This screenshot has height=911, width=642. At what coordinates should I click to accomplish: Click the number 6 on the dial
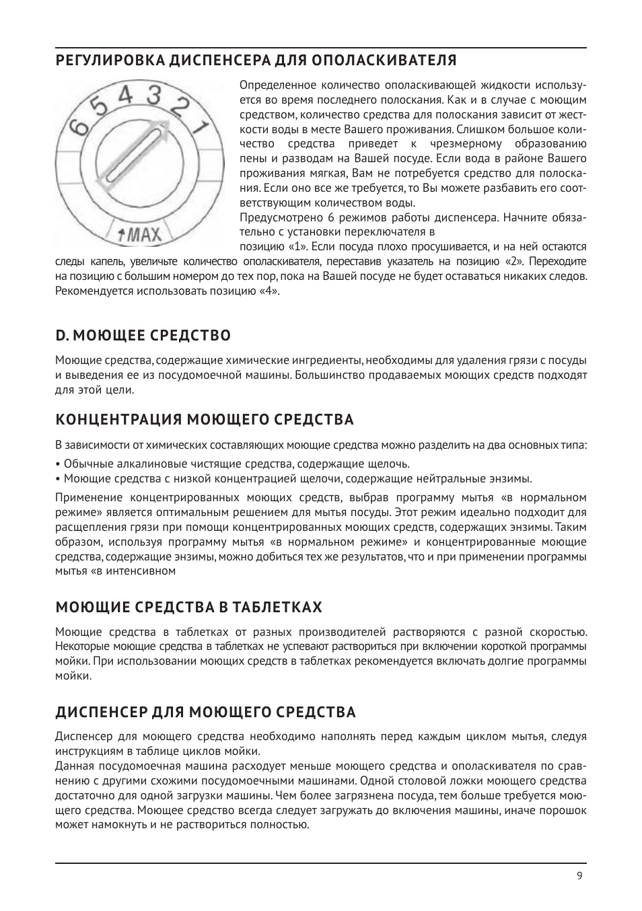tap(78, 125)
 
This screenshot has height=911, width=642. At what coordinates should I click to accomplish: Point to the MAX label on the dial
tap(140, 235)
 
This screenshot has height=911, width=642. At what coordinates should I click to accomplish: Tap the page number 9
tap(579, 875)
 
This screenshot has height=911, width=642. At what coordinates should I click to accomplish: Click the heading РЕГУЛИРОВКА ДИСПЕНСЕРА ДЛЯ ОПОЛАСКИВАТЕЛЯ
tap(256, 61)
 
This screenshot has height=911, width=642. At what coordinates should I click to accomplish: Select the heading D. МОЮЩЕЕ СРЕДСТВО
tap(143, 335)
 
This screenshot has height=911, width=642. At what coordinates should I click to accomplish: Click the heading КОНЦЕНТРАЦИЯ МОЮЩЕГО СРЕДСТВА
tap(205, 420)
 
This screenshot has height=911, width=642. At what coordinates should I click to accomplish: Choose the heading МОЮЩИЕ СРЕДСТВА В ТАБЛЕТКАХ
tap(188, 608)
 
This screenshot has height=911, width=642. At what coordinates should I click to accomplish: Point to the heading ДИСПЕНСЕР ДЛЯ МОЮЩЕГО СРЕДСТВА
tap(205, 712)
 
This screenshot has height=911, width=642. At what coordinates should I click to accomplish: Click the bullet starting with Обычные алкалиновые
tap(232, 464)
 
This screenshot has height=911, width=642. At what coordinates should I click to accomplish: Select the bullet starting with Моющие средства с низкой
tap(293, 478)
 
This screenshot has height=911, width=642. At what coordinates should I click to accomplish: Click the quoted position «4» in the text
tap(269, 291)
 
